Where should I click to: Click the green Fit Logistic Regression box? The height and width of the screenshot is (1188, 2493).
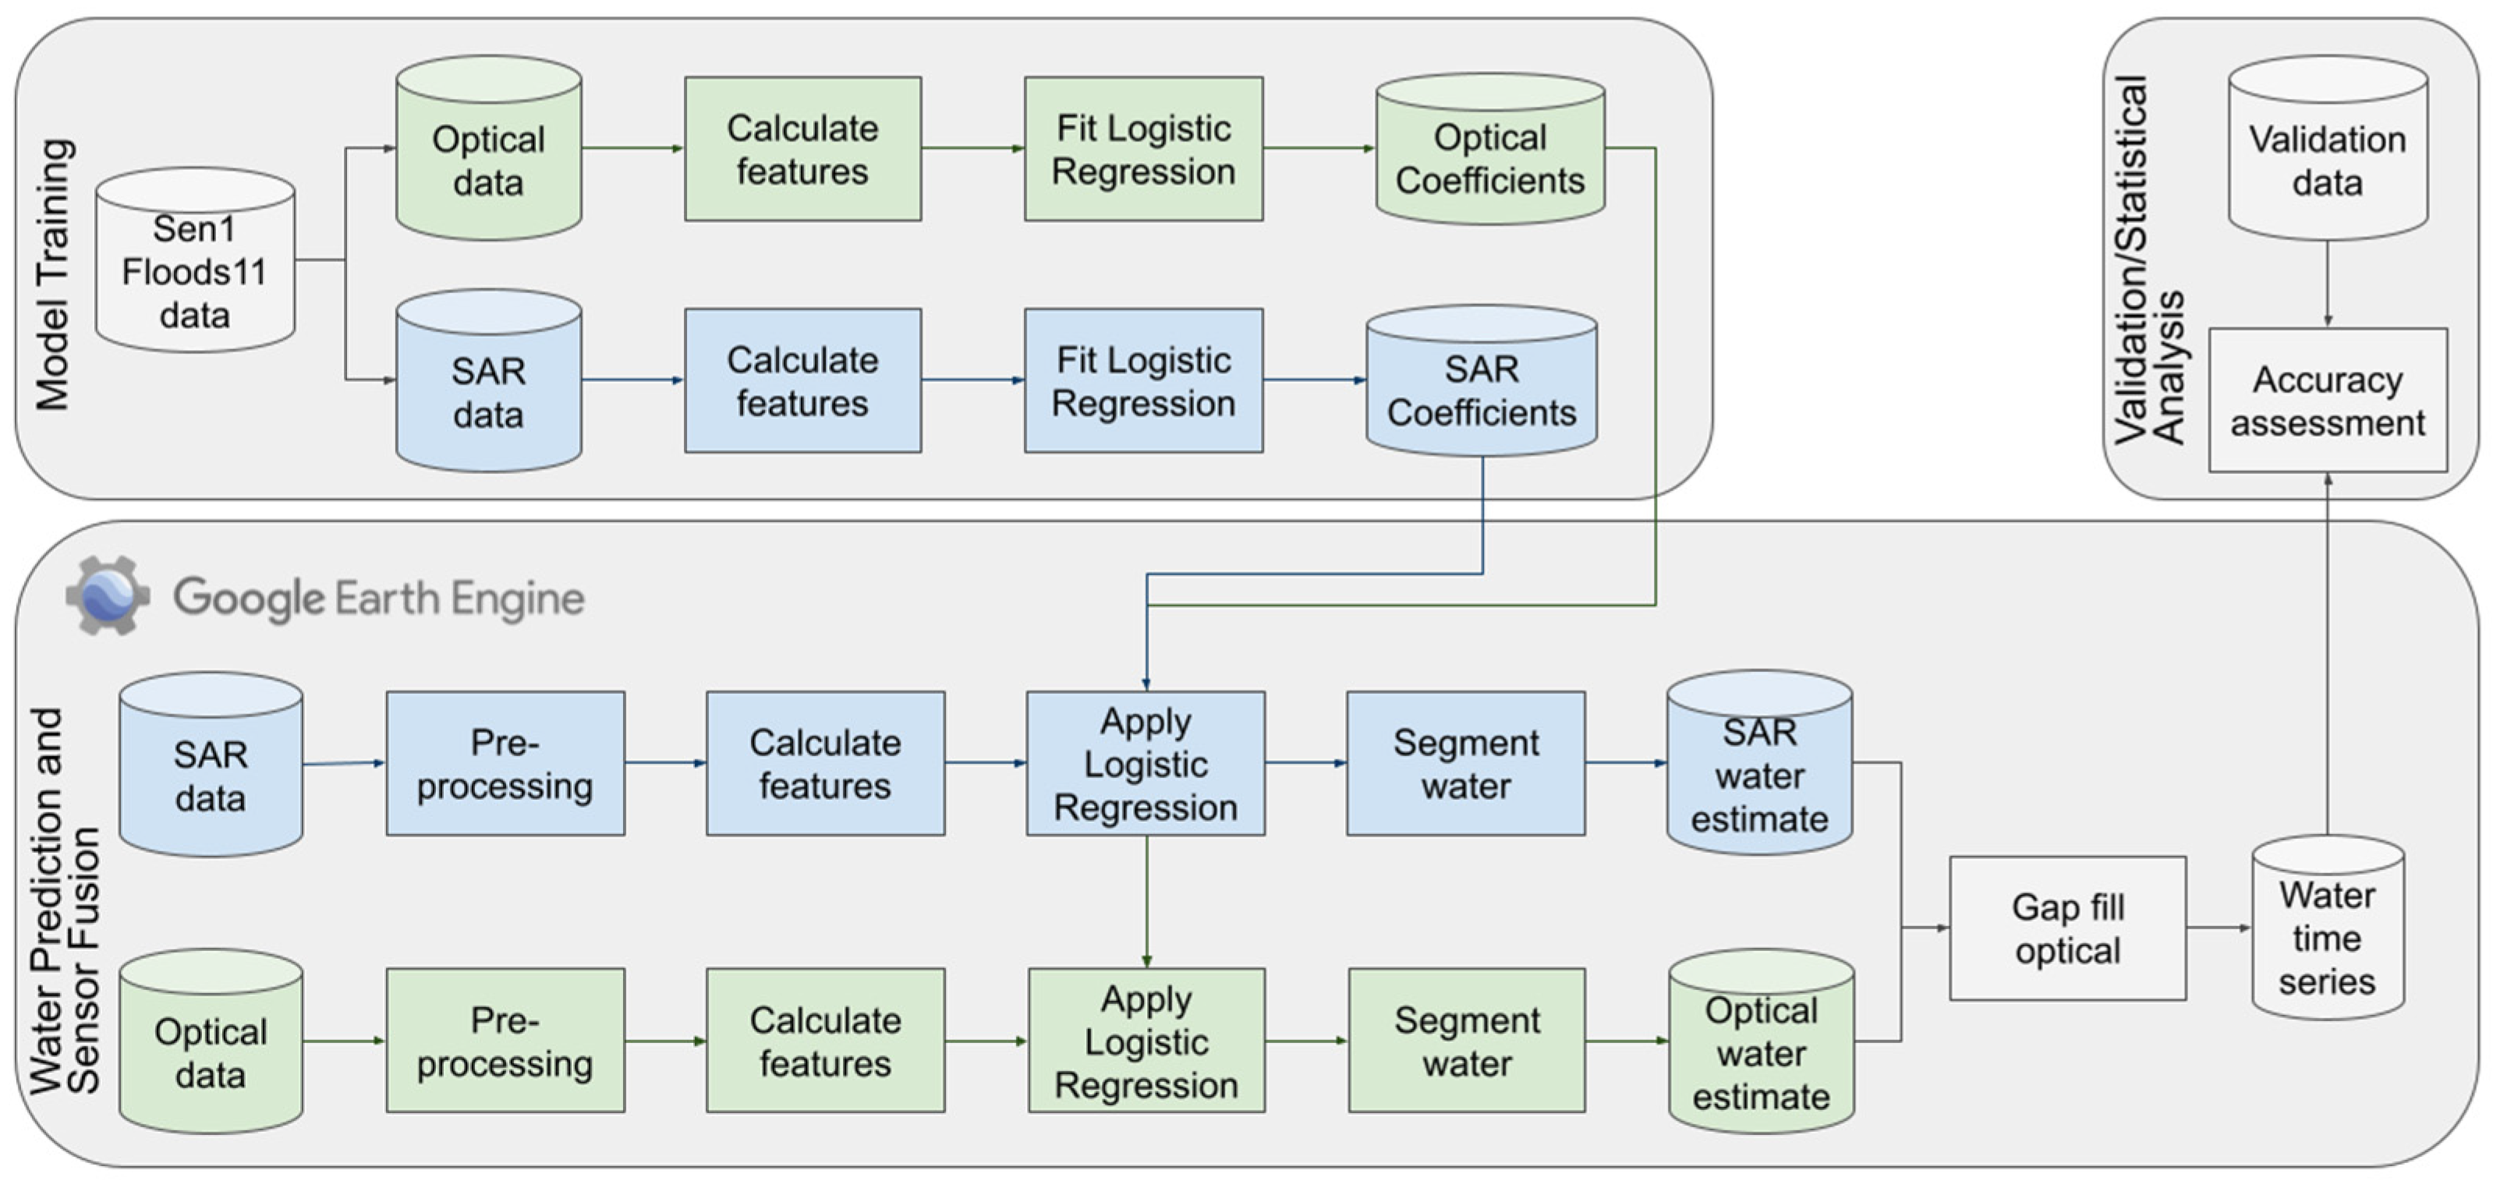click(x=1143, y=149)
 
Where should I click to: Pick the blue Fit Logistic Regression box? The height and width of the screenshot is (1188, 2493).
click(x=1143, y=380)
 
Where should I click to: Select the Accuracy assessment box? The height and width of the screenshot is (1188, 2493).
click(x=2327, y=401)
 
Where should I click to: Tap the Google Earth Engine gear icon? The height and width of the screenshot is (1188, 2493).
click(x=108, y=596)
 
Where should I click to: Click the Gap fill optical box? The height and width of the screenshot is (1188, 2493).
click(x=2067, y=928)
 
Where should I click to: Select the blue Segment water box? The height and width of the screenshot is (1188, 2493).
click(x=1465, y=763)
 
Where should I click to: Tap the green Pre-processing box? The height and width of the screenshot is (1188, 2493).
click(x=505, y=1041)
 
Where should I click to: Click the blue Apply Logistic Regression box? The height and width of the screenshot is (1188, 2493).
click(x=1145, y=763)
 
